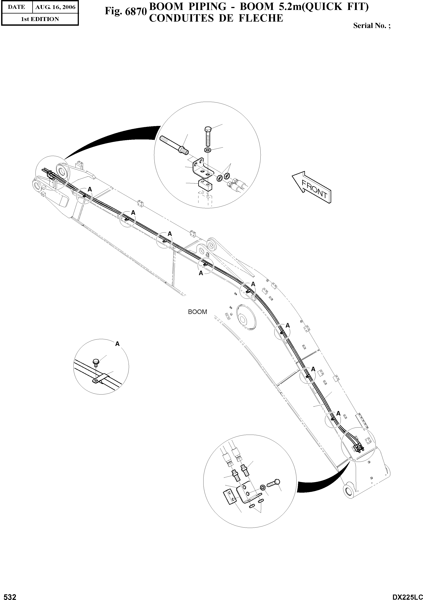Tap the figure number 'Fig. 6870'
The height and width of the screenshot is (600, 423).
[125, 11]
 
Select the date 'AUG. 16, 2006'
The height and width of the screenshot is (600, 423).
[55, 7]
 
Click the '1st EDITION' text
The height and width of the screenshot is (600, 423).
[40, 19]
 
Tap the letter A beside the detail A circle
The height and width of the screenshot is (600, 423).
[117, 344]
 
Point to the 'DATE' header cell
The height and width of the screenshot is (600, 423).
[17, 7]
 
